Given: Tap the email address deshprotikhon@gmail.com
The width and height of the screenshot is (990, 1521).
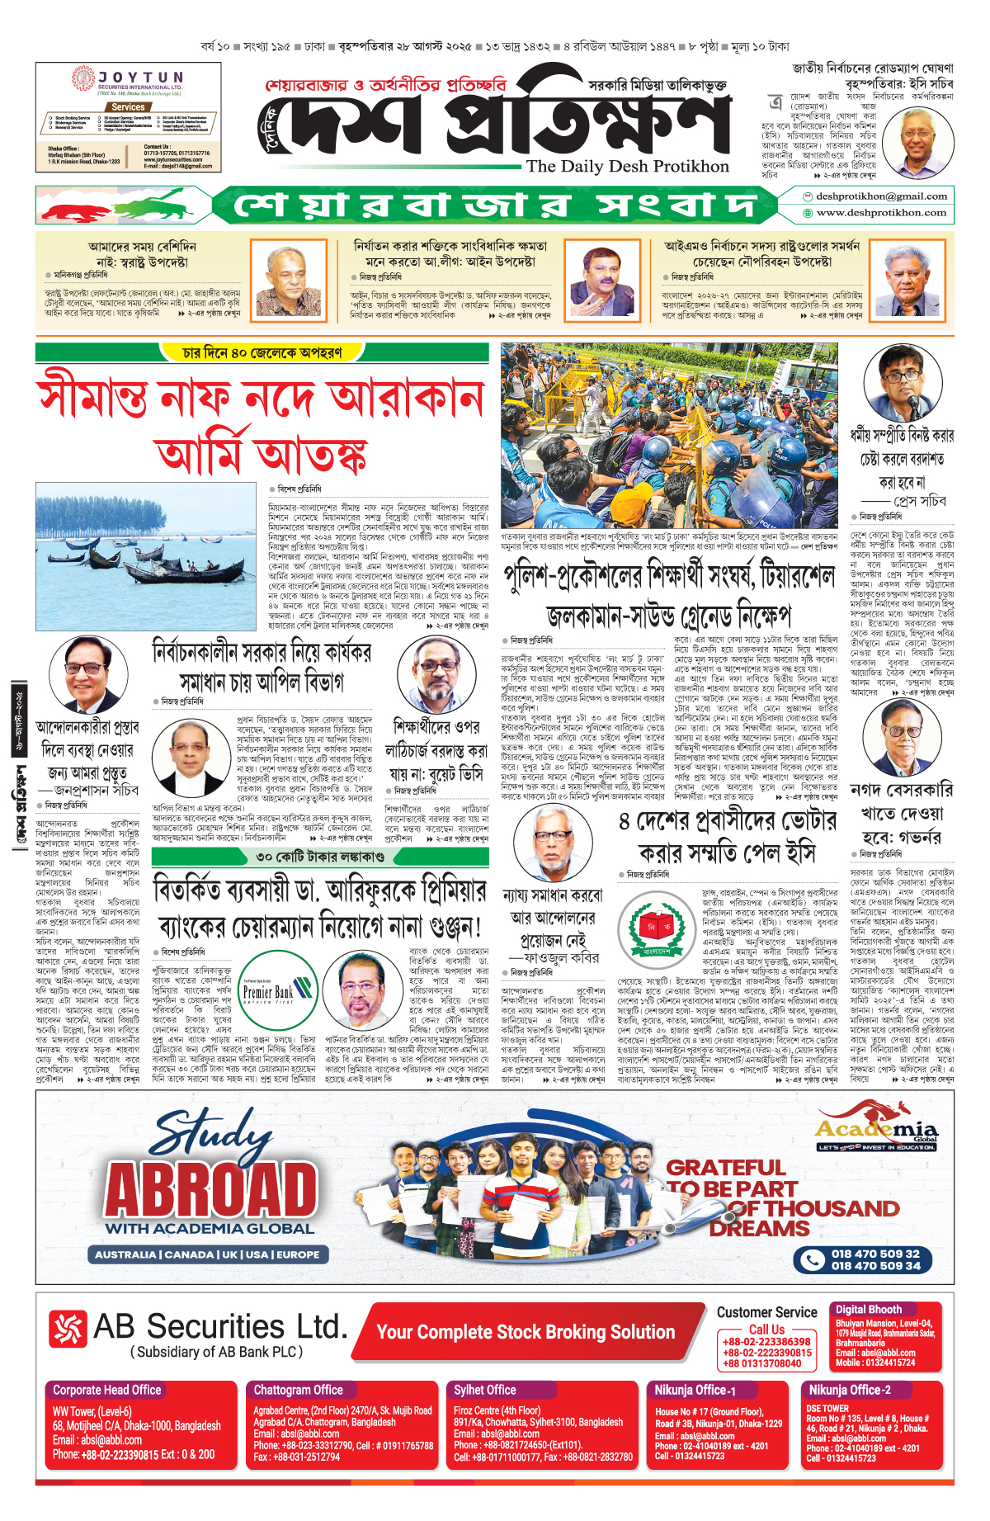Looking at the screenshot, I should pyautogui.click(x=881, y=196).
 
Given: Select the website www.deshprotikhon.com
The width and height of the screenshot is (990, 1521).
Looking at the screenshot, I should pyautogui.click(x=881, y=213).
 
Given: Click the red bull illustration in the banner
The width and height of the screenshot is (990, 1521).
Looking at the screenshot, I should pyautogui.click(x=78, y=205).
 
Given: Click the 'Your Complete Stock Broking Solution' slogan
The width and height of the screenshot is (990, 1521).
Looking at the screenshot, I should pyautogui.click(x=526, y=1332).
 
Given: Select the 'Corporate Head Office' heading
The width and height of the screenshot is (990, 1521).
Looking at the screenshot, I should pyautogui.click(x=107, y=1390).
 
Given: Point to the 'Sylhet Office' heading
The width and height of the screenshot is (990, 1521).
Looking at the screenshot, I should pyautogui.click(x=484, y=1390).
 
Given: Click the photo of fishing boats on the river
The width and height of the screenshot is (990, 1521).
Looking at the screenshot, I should pyautogui.click(x=146, y=557).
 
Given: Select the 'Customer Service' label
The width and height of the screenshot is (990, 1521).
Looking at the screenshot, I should pyautogui.click(x=766, y=1312).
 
